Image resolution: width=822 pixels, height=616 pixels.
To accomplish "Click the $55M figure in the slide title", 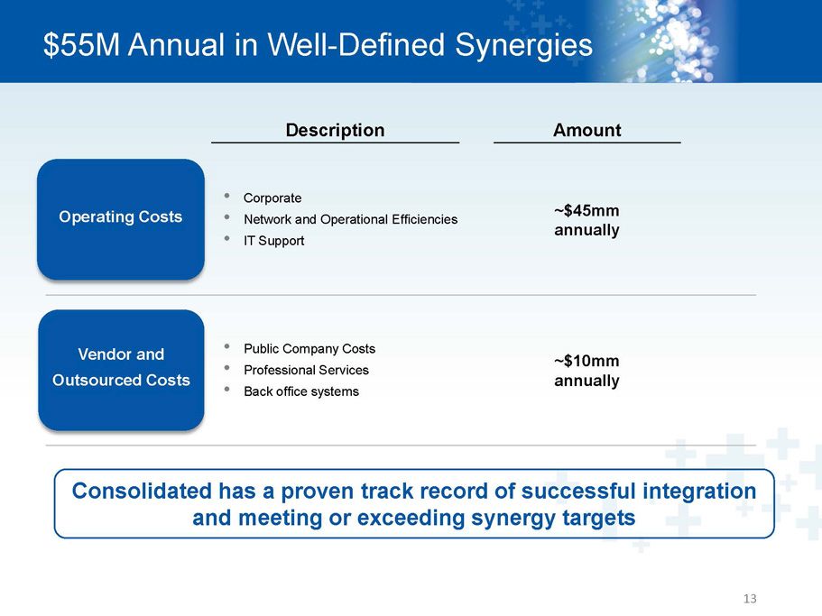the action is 82,44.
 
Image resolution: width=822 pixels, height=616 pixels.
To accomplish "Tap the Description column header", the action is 335,130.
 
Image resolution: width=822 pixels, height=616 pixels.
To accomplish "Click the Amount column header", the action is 587,130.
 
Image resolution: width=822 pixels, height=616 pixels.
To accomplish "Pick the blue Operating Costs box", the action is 121,219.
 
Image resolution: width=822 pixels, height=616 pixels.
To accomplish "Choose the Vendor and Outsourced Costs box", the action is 121,370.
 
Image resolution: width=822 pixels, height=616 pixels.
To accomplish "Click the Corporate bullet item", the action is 272,198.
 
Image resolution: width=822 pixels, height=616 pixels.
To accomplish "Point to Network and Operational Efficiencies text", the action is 351,219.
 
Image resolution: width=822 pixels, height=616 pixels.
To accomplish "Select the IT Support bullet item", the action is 273,241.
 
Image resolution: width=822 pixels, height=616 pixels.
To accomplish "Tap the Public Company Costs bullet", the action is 309,349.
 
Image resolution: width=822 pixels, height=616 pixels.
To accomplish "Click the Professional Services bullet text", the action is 306,371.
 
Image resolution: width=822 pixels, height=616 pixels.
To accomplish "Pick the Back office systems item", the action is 301,391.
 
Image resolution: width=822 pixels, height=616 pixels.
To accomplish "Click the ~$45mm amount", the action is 586,210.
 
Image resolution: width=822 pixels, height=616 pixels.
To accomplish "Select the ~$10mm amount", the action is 586,361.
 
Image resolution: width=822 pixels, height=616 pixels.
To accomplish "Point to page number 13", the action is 750,599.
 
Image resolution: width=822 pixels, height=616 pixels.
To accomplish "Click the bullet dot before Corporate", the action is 227,196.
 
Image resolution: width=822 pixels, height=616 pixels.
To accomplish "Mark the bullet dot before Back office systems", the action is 227,390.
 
